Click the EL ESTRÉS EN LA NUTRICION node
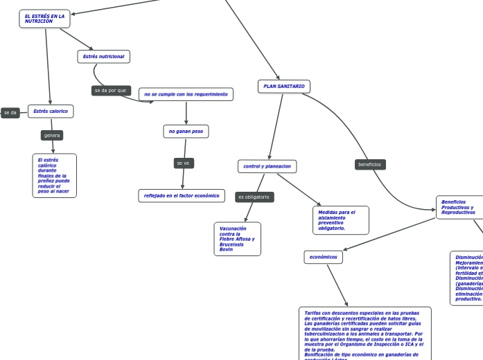coord(45,19)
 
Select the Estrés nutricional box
coord(104,56)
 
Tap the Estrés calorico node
coord(51,111)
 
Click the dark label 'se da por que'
coord(111,91)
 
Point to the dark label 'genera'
coord(52,135)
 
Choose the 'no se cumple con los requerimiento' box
coord(186,93)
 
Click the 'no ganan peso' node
coord(186,131)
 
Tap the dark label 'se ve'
coord(183,163)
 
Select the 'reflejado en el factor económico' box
coord(182,196)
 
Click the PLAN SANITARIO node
coord(284,86)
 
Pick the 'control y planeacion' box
coord(267,166)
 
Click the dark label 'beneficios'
coord(369,165)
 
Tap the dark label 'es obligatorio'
coord(254,197)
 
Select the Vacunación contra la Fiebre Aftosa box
coord(238,239)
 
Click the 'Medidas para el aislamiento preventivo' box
coord(340,220)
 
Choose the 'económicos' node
coord(323,257)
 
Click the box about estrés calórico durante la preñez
coord(54,176)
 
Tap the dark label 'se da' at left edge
coord(10,112)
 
